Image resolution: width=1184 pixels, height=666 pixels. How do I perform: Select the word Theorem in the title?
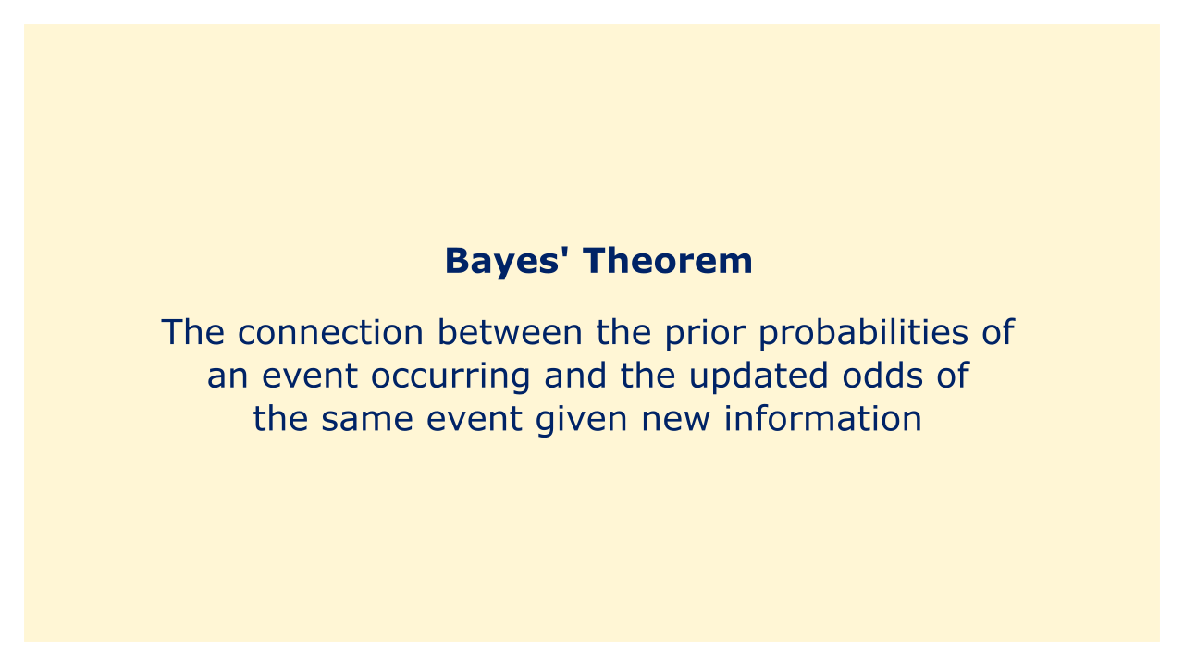pyautogui.click(x=668, y=261)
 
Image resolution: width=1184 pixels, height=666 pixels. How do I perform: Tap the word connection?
pyautogui.click(x=331, y=332)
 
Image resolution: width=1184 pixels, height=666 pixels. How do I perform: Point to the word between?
pyautogui.click(x=510, y=332)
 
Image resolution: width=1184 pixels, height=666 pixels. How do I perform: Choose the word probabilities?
pyautogui.click(x=864, y=333)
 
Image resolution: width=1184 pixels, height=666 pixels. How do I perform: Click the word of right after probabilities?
pyautogui.click(x=998, y=332)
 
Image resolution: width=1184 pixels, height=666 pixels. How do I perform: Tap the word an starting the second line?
pyautogui.click(x=228, y=376)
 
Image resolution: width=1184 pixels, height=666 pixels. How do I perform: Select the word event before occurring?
pyautogui.click(x=310, y=376)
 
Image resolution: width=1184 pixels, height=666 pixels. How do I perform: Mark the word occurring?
pyautogui.click(x=450, y=377)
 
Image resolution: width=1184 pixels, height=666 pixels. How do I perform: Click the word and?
pyautogui.click(x=575, y=376)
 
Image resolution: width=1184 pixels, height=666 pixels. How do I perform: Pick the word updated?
pyautogui.click(x=758, y=376)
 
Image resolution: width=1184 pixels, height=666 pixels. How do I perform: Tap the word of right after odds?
pyautogui.click(x=953, y=376)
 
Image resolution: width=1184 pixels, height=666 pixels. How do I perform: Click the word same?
pyautogui.click(x=367, y=420)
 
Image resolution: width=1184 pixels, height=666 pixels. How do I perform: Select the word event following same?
pyautogui.click(x=475, y=420)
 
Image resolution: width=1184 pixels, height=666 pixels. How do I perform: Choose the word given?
pyautogui.click(x=582, y=421)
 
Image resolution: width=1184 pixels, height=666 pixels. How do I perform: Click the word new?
pyautogui.click(x=675, y=420)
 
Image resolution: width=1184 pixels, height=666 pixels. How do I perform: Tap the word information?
pyautogui.click(x=823, y=419)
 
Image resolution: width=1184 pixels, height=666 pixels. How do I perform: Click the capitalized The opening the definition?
pyautogui.click(x=193, y=332)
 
